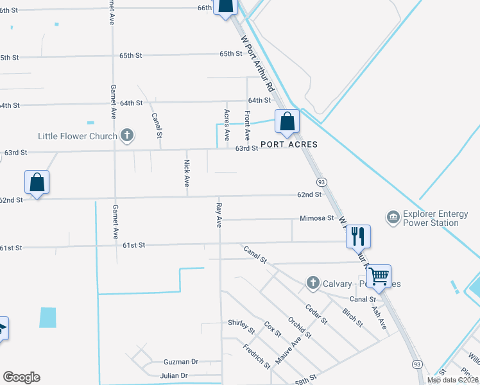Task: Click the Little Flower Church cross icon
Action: [127, 135]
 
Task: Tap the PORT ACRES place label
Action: [288, 144]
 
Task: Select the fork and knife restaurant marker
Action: [357, 236]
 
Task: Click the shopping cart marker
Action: [379, 276]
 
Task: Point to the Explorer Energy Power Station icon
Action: [393, 218]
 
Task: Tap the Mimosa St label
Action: [316, 218]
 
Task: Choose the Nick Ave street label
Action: [187, 173]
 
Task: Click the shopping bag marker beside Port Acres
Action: [287, 121]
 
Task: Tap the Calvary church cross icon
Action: [313, 282]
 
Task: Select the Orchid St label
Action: [299, 326]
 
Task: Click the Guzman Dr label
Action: [181, 362]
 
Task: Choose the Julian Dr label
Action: [175, 375]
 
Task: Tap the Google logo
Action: [21, 377]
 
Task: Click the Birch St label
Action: [352, 317]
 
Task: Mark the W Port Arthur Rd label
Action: [258, 62]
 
